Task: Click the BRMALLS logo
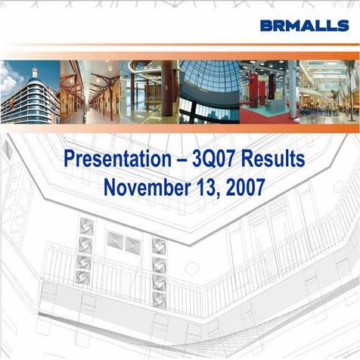click(x=304, y=25)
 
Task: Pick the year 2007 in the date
click(x=244, y=186)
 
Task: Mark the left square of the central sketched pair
click(x=115, y=243)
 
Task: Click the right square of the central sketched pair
click(x=132, y=244)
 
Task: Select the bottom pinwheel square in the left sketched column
click(x=84, y=278)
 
